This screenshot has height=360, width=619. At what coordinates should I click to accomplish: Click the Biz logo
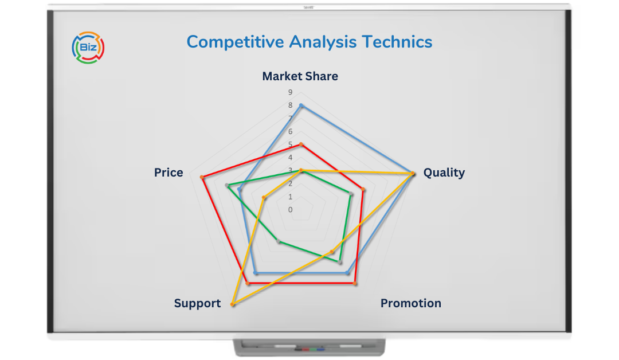coord(88,46)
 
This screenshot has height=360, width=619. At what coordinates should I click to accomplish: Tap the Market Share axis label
coord(300,76)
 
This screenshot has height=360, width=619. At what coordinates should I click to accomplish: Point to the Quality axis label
coord(444,173)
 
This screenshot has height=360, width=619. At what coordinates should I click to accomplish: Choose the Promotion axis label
coord(410,303)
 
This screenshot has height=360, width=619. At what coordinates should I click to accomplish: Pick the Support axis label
coord(197,304)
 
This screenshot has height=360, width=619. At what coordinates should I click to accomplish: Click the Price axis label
coord(169,173)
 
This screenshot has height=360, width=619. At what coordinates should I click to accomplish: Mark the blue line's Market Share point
coord(301,105)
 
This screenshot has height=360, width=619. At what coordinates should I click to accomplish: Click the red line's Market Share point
coord(301,144)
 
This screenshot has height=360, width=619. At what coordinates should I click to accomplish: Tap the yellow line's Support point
coord(232,304)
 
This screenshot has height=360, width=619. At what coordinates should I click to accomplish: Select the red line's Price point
coord(202,178)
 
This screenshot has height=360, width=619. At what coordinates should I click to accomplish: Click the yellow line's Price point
coord(264,198)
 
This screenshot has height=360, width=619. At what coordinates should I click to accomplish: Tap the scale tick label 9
coord(291,92)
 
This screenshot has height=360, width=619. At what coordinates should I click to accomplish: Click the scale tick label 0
coord(291,210)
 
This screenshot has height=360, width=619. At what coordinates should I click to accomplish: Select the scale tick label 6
coord(291,131)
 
